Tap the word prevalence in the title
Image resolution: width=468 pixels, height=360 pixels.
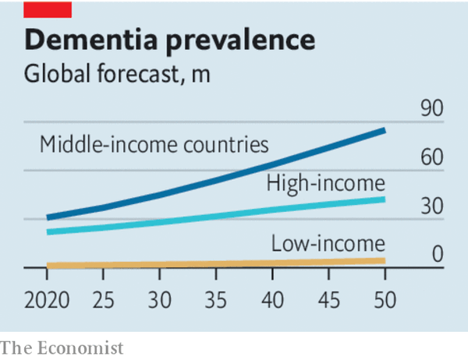point(246,40)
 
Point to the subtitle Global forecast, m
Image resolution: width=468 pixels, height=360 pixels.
point(117,76)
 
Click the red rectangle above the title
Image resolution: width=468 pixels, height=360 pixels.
point(48,9)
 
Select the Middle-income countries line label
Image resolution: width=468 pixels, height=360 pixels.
point(154,144)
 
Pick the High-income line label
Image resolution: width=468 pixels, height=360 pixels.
point(326,183)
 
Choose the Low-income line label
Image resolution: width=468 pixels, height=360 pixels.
point(328,244)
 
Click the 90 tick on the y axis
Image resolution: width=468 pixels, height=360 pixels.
point(431,109)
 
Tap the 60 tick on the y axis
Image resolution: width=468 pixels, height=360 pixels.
point(431,157)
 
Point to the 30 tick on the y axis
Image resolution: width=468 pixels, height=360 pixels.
point(431,206)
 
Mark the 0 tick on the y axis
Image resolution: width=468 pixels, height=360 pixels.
point(437,255)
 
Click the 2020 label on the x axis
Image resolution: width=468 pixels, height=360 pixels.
point(47,301)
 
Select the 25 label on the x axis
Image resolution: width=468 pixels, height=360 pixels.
point(103,301)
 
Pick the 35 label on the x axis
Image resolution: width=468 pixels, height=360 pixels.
point(216,301)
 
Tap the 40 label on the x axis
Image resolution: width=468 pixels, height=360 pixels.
point(272,301)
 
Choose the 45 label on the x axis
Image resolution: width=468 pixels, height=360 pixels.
point(328,301)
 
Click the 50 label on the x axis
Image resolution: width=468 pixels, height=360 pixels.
point(385,301)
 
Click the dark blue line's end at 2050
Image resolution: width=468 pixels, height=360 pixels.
point(385,129)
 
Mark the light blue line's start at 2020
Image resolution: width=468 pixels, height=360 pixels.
point(48,231)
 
